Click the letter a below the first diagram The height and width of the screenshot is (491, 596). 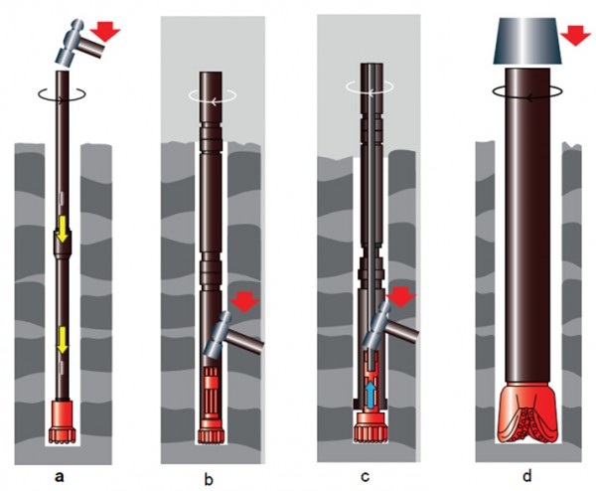pyautogui.click(x=59, y=476)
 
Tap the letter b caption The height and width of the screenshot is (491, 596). pyautogui.click(x=209, y=479)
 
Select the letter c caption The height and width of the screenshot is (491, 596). pyautogui.click(x=366, y=477)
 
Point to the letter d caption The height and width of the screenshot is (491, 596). pyautogui.click(x=526, y=475)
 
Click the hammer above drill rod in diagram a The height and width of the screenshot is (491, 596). pyautogui.click(x=79, y=43)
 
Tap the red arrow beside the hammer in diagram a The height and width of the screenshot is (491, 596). pyautogui.click(x=105, y=31)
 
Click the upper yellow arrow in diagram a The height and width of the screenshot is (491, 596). pyautogui.click(x=62, y=229)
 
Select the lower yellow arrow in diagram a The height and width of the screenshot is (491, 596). pyautogui.click(x=62, y=340)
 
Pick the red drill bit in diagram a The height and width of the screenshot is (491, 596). pyautogui.click(x=62, y=422)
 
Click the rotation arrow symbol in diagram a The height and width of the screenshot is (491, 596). pyautogui.click(x=62, y=94)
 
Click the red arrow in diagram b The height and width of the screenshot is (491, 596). pyautogui.click(x=244, y=302)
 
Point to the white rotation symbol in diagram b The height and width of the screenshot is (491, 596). pyautogui.click(x=213, y=95)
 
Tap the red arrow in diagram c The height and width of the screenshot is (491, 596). pyautogui.click(x=400, y=296)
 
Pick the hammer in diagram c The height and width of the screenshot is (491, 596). pyautogui.click(x=390, y=326)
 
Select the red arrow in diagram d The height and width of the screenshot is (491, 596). pyautogui.click(x=576, y=37)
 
